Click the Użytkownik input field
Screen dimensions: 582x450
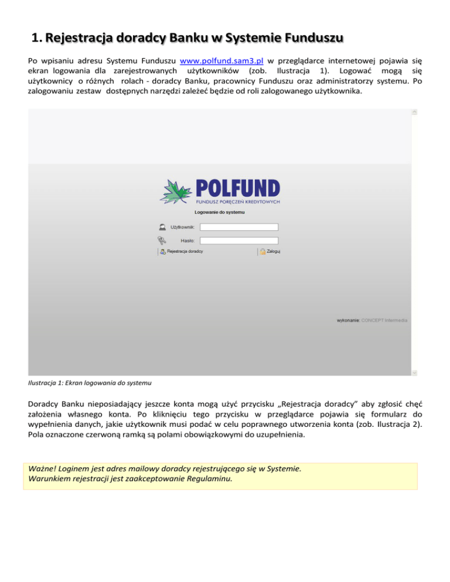click(238, 227)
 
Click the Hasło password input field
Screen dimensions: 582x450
click(238, 240)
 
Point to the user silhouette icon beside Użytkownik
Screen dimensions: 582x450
click(161, 227)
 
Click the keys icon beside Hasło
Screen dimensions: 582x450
click(161, 240)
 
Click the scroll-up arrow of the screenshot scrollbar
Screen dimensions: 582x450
click(414, 112)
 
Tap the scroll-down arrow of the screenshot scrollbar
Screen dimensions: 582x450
click(414, 372)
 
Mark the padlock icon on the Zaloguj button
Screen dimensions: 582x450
click(263, 252)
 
